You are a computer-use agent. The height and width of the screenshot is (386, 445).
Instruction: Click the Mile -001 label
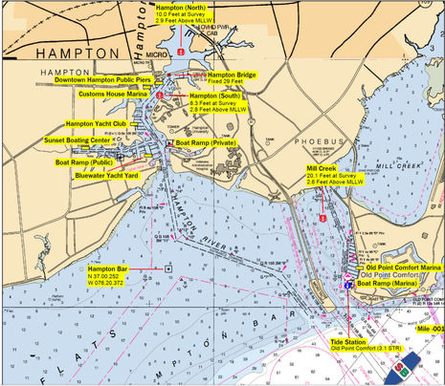coord(429,330)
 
